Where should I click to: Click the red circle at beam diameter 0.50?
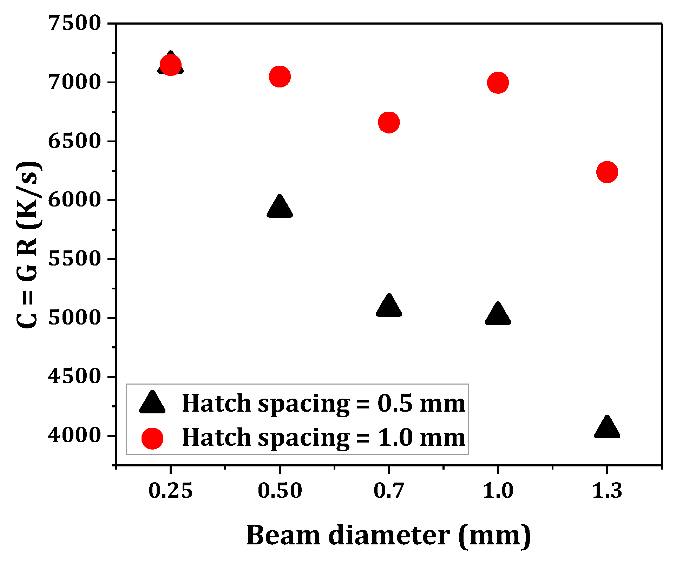(x=280, y=76)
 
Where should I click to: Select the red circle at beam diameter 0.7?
(x=389, y=122)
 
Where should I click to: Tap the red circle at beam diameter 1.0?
(x=498, y=83)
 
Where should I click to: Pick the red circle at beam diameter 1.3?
(x=607, y=172)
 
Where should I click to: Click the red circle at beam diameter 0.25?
(x=170, y=65)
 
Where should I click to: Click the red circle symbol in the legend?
(x=152, y=438)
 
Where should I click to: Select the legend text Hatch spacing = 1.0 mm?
(x=323, y=438)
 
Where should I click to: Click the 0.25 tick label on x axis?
(x=170, y=490)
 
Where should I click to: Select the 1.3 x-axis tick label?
(x=607, y=490)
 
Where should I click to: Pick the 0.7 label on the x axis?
(x=389, y=490)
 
